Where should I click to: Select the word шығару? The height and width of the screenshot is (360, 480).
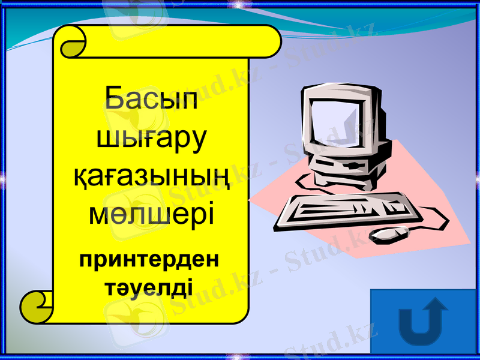[x=151, y=139]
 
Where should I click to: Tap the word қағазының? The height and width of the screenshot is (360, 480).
[x=151, y=176]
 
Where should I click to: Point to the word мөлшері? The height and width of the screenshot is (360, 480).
[x=151, y=212]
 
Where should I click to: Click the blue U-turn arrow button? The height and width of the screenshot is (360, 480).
[x=423, y=321]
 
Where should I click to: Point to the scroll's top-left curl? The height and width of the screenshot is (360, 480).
[x=71, y=42]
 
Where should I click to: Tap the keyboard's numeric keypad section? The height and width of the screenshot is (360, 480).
[x=393, y=205]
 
